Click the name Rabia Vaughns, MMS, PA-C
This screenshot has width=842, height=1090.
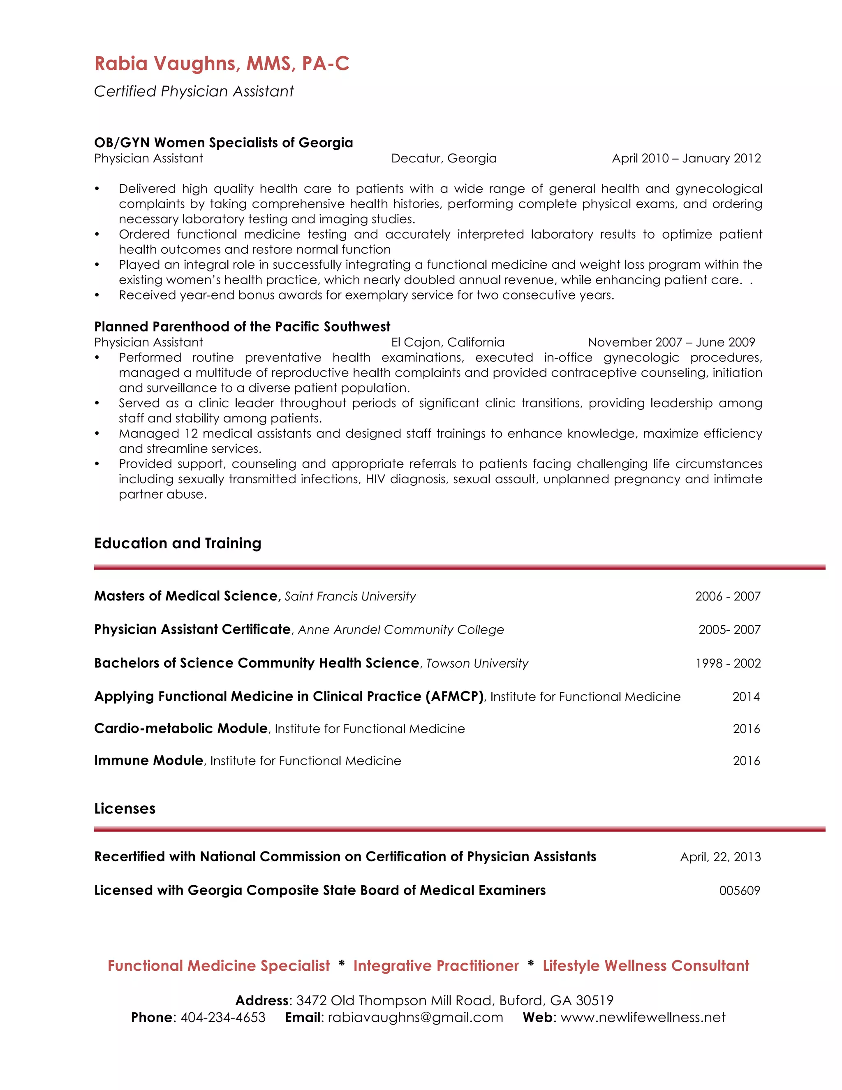[x=222, y=64]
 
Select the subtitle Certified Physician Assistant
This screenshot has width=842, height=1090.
[x=194, y=91]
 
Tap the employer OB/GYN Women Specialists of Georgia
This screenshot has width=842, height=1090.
[x=224, y=143]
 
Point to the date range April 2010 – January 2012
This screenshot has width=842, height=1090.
[x=686, y=158]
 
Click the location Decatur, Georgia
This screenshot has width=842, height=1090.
[x=444, y=158]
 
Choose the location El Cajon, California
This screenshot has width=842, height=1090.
[x=447, y=342]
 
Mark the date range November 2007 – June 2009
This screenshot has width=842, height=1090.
[x=671, y=342]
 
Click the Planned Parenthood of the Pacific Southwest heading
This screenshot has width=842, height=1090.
[x=242, y=327]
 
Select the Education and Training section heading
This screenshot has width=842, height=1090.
[x=178, y=543]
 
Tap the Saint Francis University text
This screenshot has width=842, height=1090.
[x=350, y=596]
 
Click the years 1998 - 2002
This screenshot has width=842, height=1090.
[x=728, y=663]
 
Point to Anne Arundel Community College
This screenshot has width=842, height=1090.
[x=401, y=630]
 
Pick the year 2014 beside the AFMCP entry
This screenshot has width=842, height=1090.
[x=746, y=697]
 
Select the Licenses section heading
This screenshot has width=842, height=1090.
[x=125, y=809]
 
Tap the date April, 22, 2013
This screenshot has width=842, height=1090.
[x=720, y=857]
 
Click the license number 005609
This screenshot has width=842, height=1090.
[x=739, y=891]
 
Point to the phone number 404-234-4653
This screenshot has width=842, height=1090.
[x=223, y=1017]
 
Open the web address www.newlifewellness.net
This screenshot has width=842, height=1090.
[x=643, y=1017]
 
